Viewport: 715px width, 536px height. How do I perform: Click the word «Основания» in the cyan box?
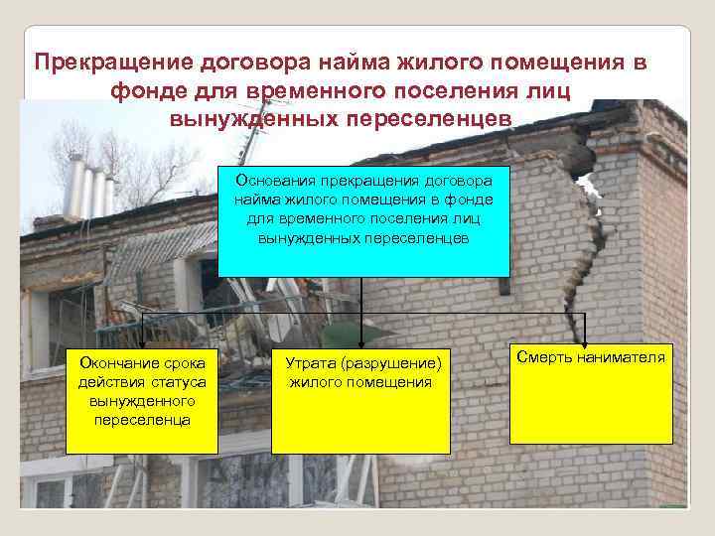275,181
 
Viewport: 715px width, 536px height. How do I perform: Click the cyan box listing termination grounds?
362,220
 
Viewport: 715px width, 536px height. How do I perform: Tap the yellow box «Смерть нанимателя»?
590,392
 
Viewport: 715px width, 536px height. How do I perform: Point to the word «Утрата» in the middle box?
310,364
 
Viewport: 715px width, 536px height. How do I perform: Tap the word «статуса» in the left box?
176,383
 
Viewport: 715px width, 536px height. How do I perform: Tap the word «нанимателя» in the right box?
619,355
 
